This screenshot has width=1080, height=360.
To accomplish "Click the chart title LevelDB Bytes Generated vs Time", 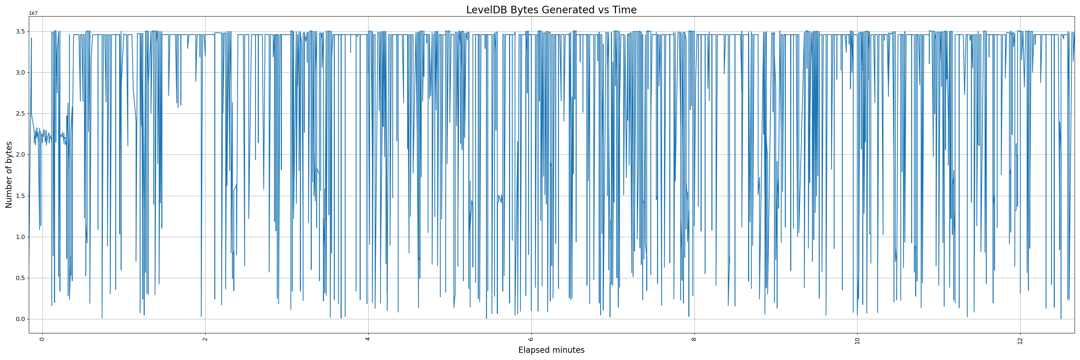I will click(x=551, y=10).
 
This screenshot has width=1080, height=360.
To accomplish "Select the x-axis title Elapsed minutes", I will click(x=551, y=350).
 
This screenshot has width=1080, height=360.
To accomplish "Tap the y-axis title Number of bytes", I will click(x=9, y=175).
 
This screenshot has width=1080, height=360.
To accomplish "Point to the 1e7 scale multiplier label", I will click(x=33, y=13).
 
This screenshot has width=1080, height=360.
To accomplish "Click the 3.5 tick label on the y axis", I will click(x=20, y=31).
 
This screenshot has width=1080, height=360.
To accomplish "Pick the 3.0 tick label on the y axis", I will click(x=20, y=72).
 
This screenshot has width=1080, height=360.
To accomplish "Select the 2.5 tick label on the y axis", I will click(x=20, y=113).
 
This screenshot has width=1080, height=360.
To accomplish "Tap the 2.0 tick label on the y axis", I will click(x=20, y=155).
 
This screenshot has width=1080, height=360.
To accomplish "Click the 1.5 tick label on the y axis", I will click(x=20, y=196).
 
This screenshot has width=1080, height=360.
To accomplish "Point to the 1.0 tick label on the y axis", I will click(x=20, y=237).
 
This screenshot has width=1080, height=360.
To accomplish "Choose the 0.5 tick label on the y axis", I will click(x=20, y=278).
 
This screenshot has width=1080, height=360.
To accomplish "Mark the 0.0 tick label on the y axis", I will click(x=20, y=319).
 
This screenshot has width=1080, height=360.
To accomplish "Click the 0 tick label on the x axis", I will click(x=42, y=339).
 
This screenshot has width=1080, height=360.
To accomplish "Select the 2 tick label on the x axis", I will click(x=205, y=339).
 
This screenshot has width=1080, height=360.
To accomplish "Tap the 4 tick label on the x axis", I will click(x=368, y=339).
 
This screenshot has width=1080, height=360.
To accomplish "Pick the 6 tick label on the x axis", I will click(x=531, y=339).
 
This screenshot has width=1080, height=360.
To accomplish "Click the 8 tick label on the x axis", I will click(x=694, y=339).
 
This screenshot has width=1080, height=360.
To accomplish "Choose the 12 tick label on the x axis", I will click(x=1020, y=340).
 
